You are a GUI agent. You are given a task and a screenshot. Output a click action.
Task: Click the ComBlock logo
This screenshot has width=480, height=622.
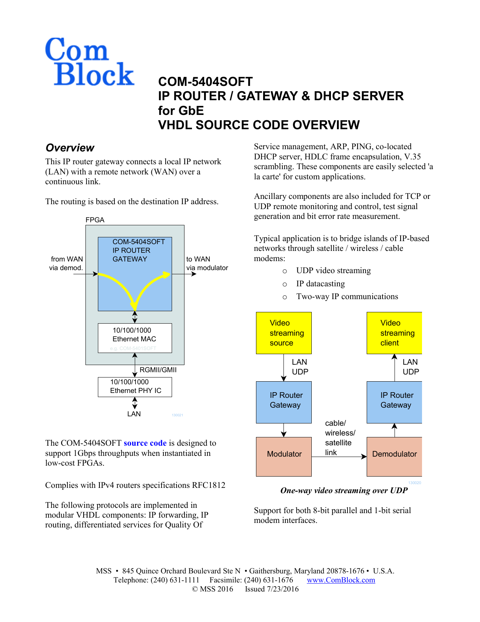tap(89, 62)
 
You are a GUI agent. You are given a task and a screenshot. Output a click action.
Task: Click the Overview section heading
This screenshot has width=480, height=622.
tap(70, 148)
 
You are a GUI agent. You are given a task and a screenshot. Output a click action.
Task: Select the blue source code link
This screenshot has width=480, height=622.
tap(145, 443)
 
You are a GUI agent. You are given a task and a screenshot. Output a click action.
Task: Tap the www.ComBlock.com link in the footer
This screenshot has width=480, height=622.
tap(341, 580)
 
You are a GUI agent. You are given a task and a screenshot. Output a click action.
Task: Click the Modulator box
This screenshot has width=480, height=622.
tap(284, 456)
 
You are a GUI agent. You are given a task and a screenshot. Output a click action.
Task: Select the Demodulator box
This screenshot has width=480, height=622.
tap(394, 456)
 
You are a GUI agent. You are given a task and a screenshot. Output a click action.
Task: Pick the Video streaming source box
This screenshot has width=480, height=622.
tap(284, 333)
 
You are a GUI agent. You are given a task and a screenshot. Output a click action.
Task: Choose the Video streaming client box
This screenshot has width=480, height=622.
tap(394, 333)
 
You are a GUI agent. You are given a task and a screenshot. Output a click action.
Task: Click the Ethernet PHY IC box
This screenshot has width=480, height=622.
tap(135, 387)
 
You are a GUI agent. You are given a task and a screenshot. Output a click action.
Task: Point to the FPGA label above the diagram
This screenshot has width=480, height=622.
tap(95, 220)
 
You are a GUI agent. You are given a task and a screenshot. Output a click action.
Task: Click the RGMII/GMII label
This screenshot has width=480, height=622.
tap(158, 370)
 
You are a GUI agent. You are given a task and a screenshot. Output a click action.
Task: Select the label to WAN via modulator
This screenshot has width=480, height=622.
tap(207, 263)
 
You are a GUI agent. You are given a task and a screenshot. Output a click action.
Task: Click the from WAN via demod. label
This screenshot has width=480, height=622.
tap(66, 263)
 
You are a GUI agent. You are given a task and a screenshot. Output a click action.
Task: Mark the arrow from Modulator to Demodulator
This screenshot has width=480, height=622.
tap(339, 457)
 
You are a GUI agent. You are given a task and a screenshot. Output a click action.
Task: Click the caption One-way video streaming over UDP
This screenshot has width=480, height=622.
tap(344, 491)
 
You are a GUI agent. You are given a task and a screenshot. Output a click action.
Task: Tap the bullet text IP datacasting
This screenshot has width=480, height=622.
tap(320, 284)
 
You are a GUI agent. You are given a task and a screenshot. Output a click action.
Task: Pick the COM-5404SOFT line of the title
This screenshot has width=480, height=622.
tap(205, 82)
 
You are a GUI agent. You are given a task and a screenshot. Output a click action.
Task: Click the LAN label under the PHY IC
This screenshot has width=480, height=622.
tap(134, 414)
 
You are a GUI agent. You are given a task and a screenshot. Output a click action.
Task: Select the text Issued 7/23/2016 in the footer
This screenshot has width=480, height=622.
tap(271, 589)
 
